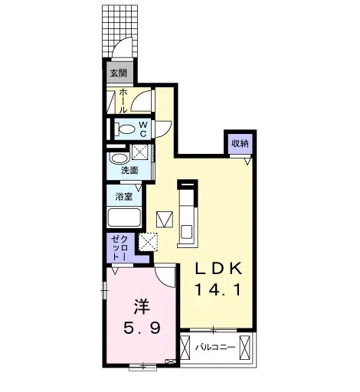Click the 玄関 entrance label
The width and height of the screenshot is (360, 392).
[x=118, y=73]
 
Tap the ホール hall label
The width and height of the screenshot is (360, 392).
[x=123, y=101]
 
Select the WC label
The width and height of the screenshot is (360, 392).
[x=143, y=129]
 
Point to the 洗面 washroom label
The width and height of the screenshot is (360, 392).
[x=129, y=170]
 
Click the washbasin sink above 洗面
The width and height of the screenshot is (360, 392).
[x=119, y=158]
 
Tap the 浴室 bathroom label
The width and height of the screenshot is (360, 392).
[x=124, y=197]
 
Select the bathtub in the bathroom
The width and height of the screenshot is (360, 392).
[x=124, y=217]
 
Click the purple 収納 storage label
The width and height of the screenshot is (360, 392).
[x=240, y=143]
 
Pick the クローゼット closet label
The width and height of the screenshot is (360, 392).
[x=119, y=248]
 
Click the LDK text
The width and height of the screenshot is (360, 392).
[x=218, y=269]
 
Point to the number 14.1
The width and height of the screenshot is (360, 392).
[x=218, y=290]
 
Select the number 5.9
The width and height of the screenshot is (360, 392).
[x=142, y=328]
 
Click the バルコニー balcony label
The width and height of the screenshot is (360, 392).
[x=215, y=348]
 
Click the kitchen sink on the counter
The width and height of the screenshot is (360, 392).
[x=186, y=232]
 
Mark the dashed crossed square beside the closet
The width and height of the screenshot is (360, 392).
[x=148, y=242]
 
